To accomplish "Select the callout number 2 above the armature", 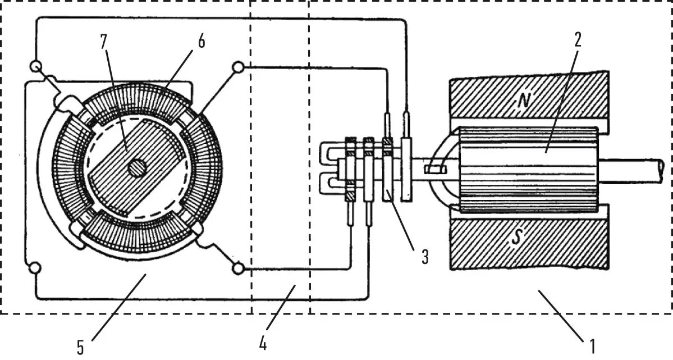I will point(578,40).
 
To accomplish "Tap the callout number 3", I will point(425,258).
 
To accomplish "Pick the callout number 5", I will point(81,347).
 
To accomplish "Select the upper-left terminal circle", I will point(37,67).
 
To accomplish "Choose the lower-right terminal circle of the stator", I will point(238,269).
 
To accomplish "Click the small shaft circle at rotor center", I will point(136,167).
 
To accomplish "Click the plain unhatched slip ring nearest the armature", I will point(407,171).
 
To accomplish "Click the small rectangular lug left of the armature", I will point(434,168).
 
